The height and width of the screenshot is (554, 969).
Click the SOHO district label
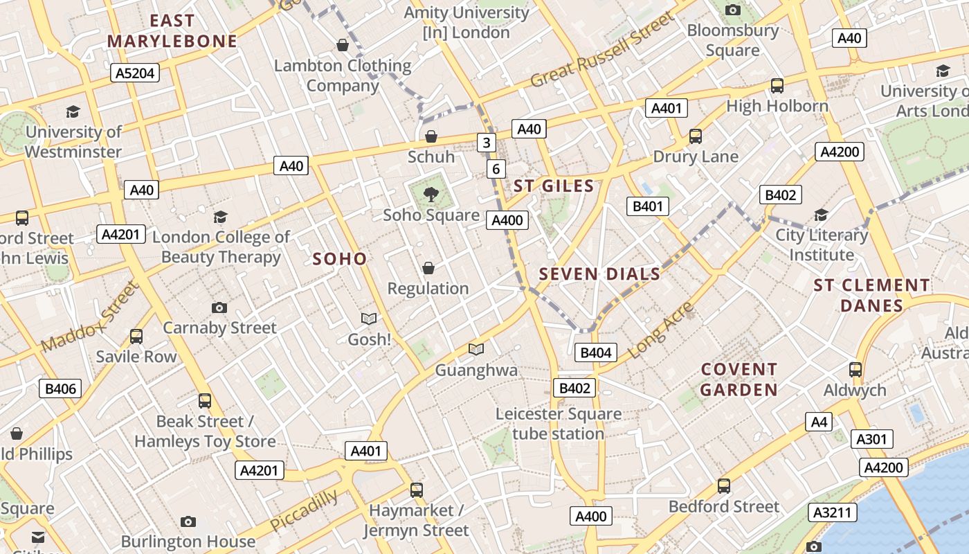point(339,259)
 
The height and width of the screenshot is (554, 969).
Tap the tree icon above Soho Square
point(431,195)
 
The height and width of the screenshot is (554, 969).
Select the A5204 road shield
point(135,73)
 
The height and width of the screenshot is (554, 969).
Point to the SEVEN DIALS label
point(599,274)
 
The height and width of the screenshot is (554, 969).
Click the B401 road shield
point(648,206)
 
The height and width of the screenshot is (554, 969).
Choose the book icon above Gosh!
point(369,319)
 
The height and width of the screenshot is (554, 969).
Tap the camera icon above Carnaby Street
point(219,307)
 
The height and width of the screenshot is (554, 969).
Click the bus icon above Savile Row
point(136,337)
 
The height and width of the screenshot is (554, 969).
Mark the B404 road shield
point(595,352)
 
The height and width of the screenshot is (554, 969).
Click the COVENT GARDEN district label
point(739,379)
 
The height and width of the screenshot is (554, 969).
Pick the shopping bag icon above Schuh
point(431,136)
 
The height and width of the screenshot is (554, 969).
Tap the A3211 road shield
point(832,512)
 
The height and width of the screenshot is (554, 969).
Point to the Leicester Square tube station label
point(559,424)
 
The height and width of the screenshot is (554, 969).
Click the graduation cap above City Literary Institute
point(821,215)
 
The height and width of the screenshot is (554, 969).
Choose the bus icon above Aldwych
point(855,370)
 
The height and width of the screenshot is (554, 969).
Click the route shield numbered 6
point(496,169)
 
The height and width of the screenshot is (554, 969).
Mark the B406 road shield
point(60,388)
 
